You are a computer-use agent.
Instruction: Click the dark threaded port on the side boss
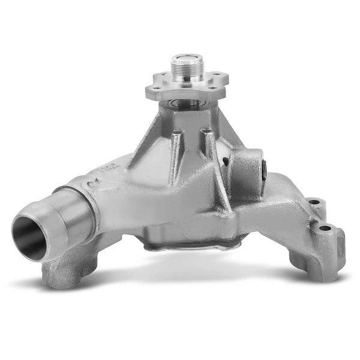pos(265,169)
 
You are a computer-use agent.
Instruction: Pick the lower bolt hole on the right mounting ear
pos(325,228)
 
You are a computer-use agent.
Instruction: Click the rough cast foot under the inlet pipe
pos(60,273)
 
